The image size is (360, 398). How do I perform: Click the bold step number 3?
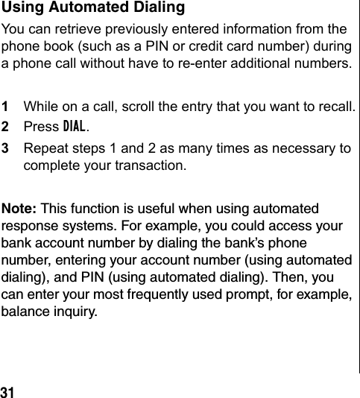[5, 148]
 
